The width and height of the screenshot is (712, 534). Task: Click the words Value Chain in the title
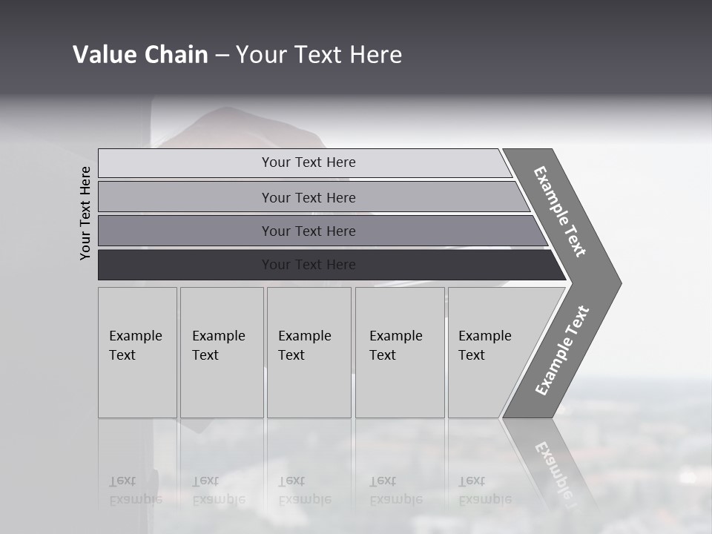click(140, 55)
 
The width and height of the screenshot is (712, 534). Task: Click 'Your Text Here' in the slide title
click(319, 55)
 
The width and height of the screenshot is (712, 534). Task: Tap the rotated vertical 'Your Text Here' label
click(85, 213)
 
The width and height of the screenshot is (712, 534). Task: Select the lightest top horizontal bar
click(309, 162)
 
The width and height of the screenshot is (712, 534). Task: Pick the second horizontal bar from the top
click(309, 197)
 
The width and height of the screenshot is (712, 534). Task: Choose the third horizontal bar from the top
click(309, 231)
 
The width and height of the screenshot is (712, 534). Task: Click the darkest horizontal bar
click(309, 265)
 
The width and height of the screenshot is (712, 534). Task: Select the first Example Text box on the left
click(137, 352)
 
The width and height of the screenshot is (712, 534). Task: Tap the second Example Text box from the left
click(221, 352)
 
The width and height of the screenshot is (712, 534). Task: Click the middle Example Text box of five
click(309, 352)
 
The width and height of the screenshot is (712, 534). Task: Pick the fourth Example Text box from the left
click(400, 352)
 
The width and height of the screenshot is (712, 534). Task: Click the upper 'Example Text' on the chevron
click(560, 211)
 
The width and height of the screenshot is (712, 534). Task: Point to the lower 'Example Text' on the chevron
click(561, 351)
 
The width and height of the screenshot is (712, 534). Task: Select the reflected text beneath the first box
click(135, 490)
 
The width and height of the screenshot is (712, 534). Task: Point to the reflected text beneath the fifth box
click(484, 490)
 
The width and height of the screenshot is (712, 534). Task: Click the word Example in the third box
click(304, 336)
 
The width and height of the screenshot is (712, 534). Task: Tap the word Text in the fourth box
click(383, 355)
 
